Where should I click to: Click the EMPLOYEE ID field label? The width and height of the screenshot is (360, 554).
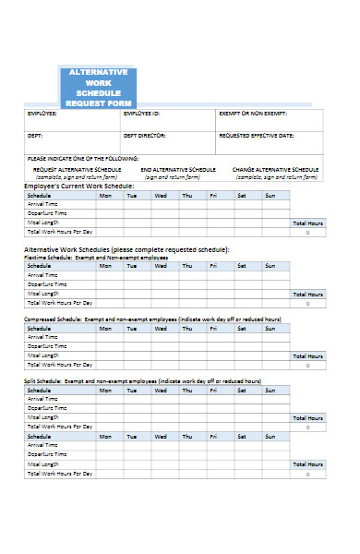[x=142, y=114]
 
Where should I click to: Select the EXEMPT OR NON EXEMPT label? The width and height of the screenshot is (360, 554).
[x=252, y=114]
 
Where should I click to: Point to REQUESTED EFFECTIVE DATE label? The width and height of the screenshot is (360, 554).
[x=256, y=136]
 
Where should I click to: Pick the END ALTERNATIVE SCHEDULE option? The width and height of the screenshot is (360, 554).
[x=177, y=170]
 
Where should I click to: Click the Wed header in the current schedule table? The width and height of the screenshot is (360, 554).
[x=161, y=196]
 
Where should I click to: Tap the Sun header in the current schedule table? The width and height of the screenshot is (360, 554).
[x=270, y=196]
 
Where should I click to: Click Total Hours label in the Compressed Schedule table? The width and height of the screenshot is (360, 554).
[x=307, y=355]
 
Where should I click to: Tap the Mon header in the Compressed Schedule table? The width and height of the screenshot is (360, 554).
[x=105, y=328]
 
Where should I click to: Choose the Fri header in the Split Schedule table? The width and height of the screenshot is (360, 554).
[x=213, y=390]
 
